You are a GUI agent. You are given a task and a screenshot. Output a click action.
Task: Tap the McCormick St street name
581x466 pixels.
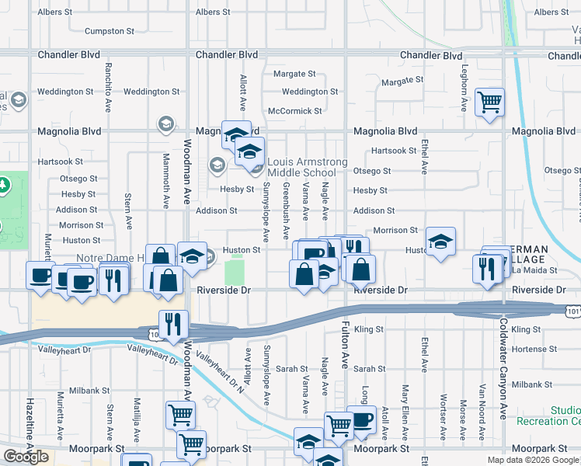[x=294, y=111]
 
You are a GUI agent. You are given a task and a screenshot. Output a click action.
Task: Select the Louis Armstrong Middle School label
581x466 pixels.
[x=302, y=167]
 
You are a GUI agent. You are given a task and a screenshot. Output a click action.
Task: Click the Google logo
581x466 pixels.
[x=26, y=457]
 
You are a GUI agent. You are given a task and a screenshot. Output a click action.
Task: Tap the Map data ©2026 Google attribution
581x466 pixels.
[x=532, y=460]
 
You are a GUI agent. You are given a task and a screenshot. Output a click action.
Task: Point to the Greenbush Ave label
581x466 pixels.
[x=286, y=210]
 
